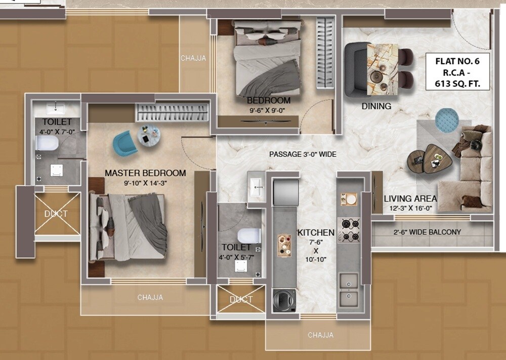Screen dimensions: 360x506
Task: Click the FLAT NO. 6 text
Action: pos(457,61)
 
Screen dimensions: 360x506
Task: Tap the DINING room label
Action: pos(376,106)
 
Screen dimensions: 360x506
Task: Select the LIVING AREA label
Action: pos(410,199)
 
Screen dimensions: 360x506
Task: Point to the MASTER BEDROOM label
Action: pos(145,173)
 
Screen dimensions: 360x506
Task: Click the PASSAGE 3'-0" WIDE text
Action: pos(303,154)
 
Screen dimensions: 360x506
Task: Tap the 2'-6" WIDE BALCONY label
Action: pos(428,232)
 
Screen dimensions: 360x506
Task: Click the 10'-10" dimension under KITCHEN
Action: pos(315,259)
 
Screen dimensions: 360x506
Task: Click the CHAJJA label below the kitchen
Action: pos(320,335)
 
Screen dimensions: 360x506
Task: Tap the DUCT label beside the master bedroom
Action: pos(56,214)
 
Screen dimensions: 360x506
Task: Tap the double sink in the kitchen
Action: pos(349,289)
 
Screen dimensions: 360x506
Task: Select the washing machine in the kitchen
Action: pos(284,301)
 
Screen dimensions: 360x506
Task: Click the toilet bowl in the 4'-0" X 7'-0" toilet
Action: pos(47,143)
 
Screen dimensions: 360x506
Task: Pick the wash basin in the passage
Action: pos(257,186)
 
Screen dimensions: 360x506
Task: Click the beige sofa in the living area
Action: pos(474,170)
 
